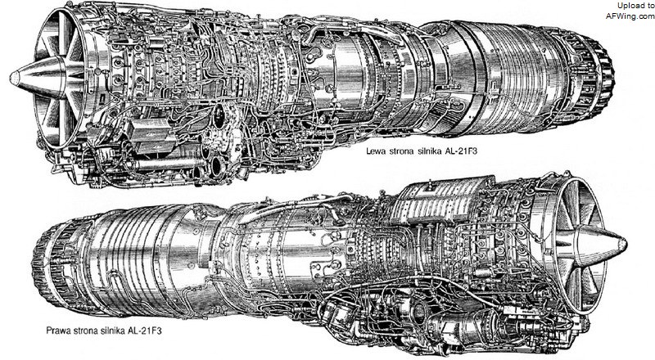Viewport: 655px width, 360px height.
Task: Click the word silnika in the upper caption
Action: pos(427,151)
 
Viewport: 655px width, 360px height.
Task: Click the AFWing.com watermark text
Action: pos(630,16)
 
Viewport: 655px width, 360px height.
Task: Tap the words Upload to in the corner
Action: pos(636,6)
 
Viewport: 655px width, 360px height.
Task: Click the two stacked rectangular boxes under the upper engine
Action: pos(151,135)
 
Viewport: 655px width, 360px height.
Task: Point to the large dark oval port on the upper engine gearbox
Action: pos(219,116)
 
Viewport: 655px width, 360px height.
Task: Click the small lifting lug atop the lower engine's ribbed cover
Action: pos(429,184)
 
